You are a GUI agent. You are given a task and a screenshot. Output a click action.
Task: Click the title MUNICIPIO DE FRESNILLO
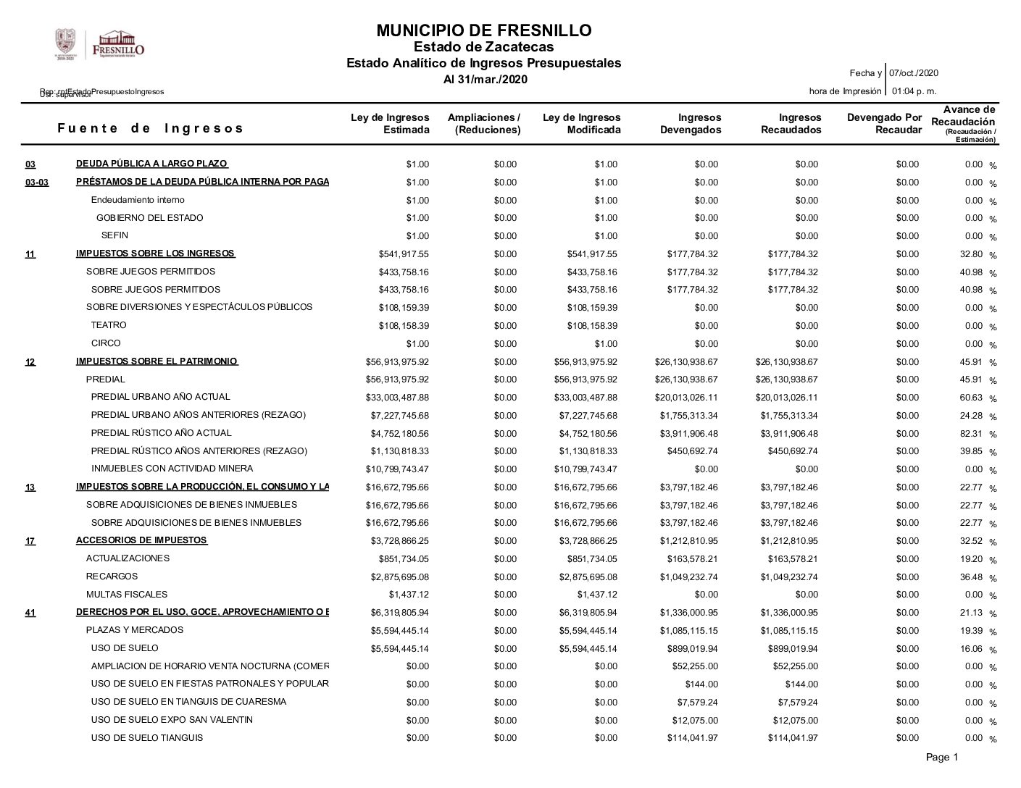[483, 30]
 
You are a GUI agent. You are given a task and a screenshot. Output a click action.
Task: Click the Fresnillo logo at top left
[100, 45]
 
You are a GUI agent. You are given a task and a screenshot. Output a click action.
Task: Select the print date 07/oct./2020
[914, 73]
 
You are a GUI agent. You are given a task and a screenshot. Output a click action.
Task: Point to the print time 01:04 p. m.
[914, 91]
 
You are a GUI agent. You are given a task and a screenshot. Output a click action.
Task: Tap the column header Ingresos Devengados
[691, 124]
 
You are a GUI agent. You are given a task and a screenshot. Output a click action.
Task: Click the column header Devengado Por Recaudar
[884, 124]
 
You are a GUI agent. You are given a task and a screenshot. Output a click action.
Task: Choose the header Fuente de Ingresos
[151, 128]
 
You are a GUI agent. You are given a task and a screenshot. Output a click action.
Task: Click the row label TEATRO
[109, 325]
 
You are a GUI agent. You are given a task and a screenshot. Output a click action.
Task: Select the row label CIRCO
[106, 343]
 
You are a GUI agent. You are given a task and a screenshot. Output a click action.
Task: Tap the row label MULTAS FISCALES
[127, 595]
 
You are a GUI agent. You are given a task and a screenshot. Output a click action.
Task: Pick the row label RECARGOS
[112, 577]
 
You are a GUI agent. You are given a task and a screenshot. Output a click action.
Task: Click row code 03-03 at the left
[37, 183]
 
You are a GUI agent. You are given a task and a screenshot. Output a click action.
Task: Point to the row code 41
[30, 613]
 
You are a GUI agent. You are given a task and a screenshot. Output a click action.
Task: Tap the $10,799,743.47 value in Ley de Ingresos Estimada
[397, 469]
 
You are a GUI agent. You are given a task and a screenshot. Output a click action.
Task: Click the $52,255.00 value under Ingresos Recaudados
[795, 666]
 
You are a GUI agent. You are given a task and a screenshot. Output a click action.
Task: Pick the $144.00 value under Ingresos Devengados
[701, 684]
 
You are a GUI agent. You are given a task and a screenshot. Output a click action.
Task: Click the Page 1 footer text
[942, 758]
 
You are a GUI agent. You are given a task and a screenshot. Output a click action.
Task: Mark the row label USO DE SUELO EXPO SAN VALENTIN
[172, 720]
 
